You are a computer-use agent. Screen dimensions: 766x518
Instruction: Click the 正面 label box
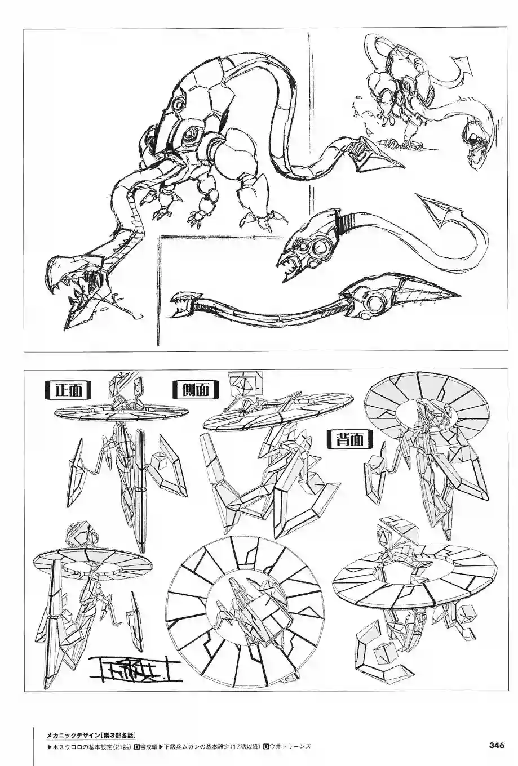[67, 390]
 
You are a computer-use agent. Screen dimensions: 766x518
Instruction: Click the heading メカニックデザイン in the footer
[73, 735]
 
